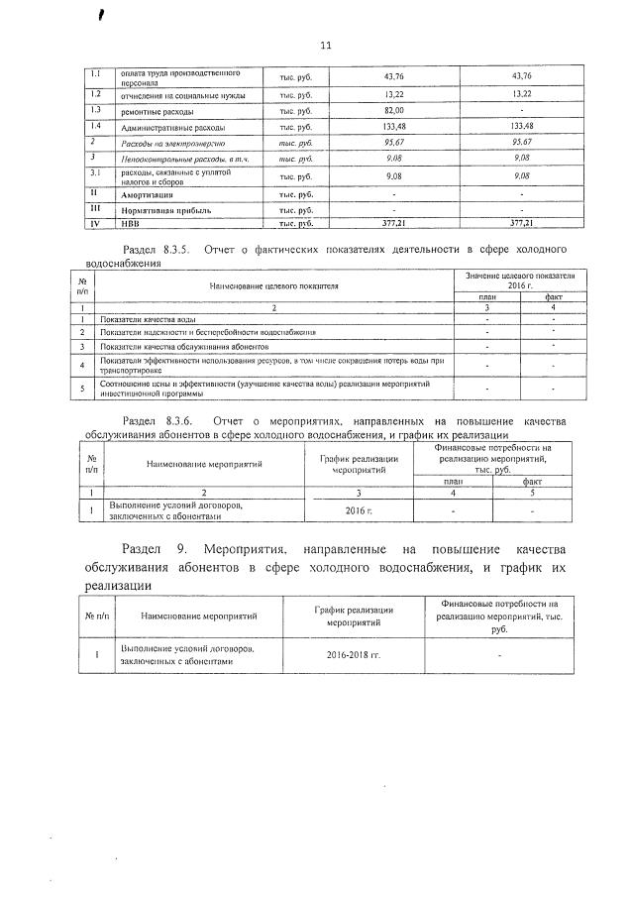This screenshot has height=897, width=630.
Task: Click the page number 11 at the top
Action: click(325, 45)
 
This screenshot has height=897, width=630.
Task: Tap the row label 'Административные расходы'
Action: click(171, 128)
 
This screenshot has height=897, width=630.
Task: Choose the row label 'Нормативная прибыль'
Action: click(163, 210)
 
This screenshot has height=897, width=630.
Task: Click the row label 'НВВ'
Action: click(130, 225)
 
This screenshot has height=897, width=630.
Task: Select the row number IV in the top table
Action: click(95, 225)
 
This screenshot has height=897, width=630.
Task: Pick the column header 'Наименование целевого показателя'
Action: click(273, 285)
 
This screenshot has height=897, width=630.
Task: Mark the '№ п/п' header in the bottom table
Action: click(97, 616)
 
